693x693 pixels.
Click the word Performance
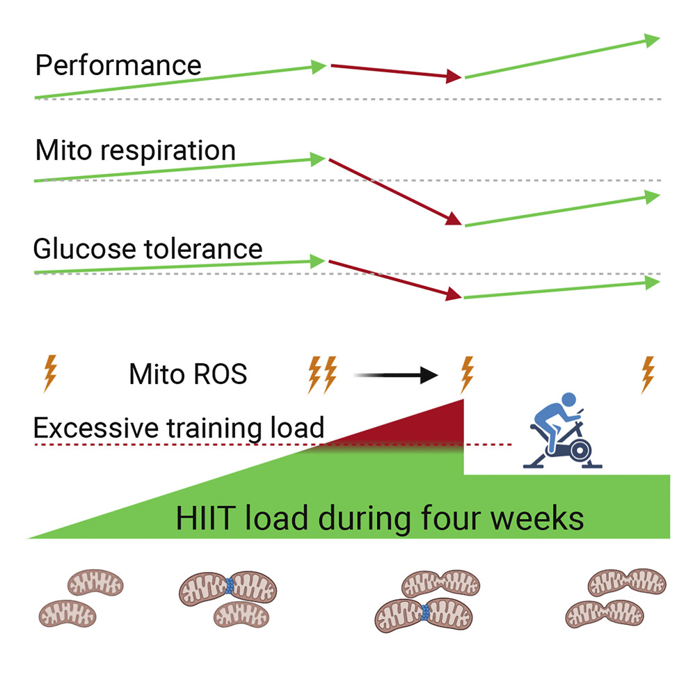point(118,65)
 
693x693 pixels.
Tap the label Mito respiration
point(135,150)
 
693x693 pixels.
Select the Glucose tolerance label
point(148,248)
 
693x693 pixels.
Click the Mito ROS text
point(188,375)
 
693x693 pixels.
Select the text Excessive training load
point(178,427)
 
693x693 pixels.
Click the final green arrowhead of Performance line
point(651,40)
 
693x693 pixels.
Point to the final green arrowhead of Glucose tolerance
point(651,282)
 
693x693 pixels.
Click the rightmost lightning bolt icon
point(648,374)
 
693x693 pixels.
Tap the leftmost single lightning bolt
point(49,374)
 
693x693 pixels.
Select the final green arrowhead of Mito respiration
point(651,197)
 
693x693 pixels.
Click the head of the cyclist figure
point(568,401)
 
